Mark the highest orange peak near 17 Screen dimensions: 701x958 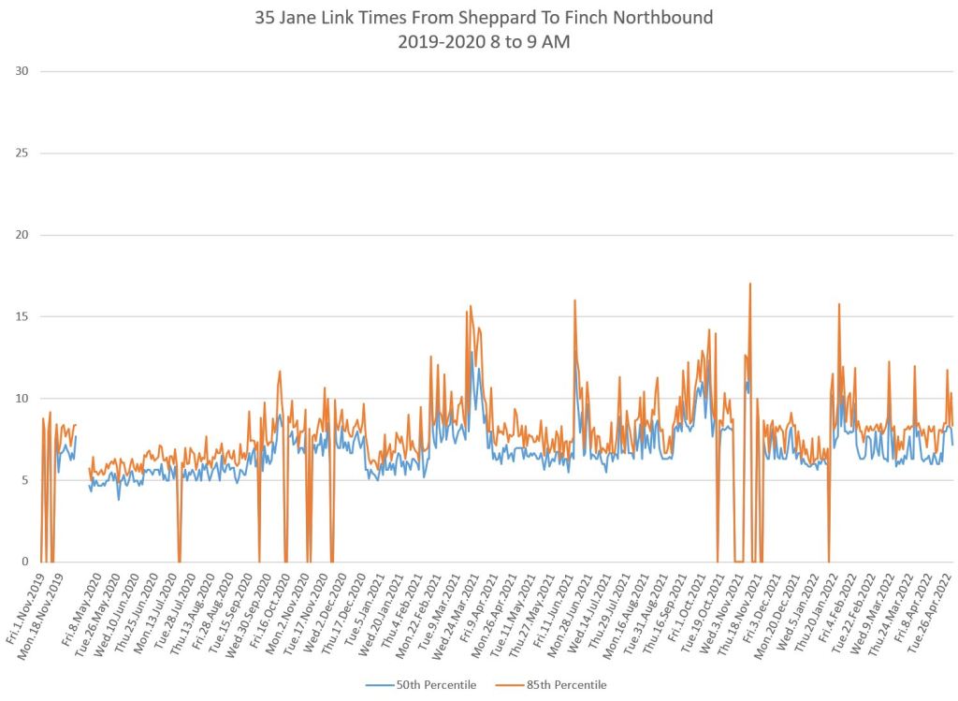coord(750,284)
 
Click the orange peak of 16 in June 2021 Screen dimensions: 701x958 coord(574,300)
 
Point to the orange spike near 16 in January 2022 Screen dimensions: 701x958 coord(839,304)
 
